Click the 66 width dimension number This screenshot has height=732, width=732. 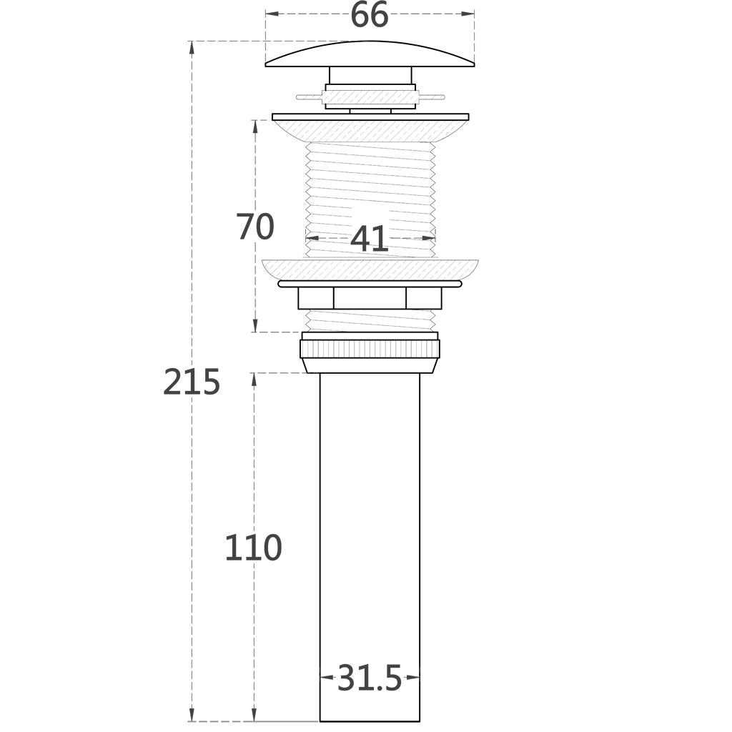point(369,14)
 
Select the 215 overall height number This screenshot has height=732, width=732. point(192,382)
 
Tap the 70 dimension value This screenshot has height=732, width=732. point(255,227)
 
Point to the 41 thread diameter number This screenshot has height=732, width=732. point(369,239)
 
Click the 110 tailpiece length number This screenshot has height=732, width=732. point(254,548)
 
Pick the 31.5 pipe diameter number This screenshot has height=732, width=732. point(370,678)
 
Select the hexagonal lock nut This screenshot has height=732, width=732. point(370,298)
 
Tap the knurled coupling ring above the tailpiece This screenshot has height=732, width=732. point(370,349)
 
